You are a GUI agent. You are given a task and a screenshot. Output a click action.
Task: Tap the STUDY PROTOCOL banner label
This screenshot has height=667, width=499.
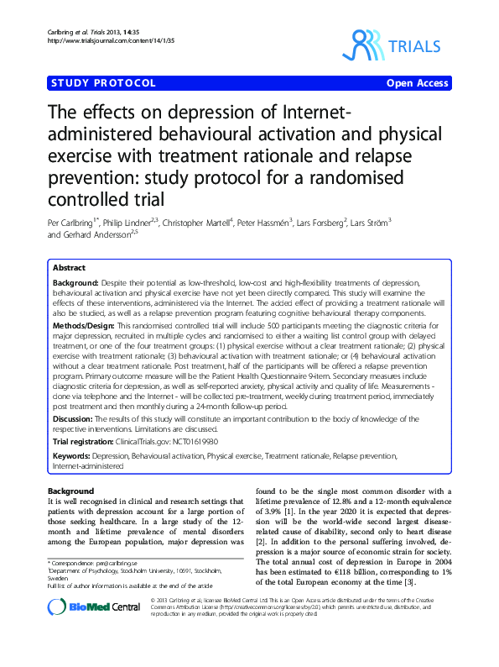103,84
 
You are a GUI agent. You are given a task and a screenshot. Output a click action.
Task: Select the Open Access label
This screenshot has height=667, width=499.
418,84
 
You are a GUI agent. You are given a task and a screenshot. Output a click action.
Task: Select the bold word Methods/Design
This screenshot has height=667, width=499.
83,324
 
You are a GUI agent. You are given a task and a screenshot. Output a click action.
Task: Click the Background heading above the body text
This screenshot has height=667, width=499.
70,491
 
